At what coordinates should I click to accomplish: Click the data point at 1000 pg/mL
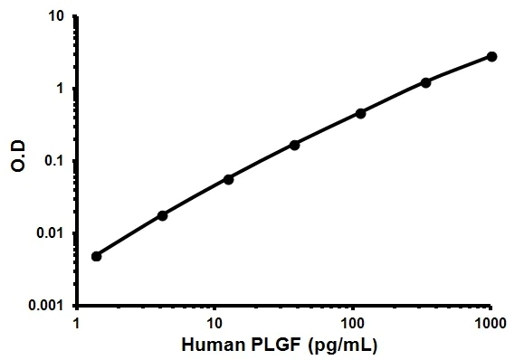point(491,56)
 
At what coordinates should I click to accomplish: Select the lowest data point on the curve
point(97,256)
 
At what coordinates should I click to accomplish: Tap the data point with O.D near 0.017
point(163,215)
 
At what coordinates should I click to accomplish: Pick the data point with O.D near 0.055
point(229,179)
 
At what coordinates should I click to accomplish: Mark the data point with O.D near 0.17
point(295,145)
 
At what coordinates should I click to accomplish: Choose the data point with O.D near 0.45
point(360,113)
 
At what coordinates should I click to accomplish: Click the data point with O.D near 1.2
point(426,82)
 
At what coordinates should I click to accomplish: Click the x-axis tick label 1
point(77,323)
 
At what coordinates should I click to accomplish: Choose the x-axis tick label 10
point(214,323)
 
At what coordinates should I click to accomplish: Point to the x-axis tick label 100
point(352,323)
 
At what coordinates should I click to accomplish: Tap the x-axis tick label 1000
point(490,323)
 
